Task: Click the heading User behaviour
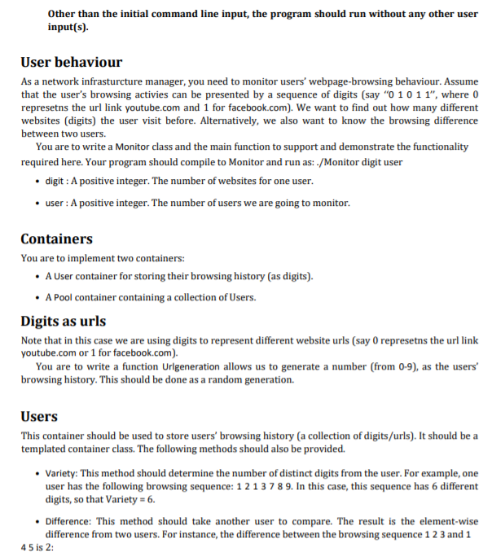coord(72,63)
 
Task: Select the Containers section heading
coord(56,239)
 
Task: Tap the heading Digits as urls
coord(63,321)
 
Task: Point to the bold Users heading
coord(39,416)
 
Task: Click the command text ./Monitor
coord(332,160)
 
